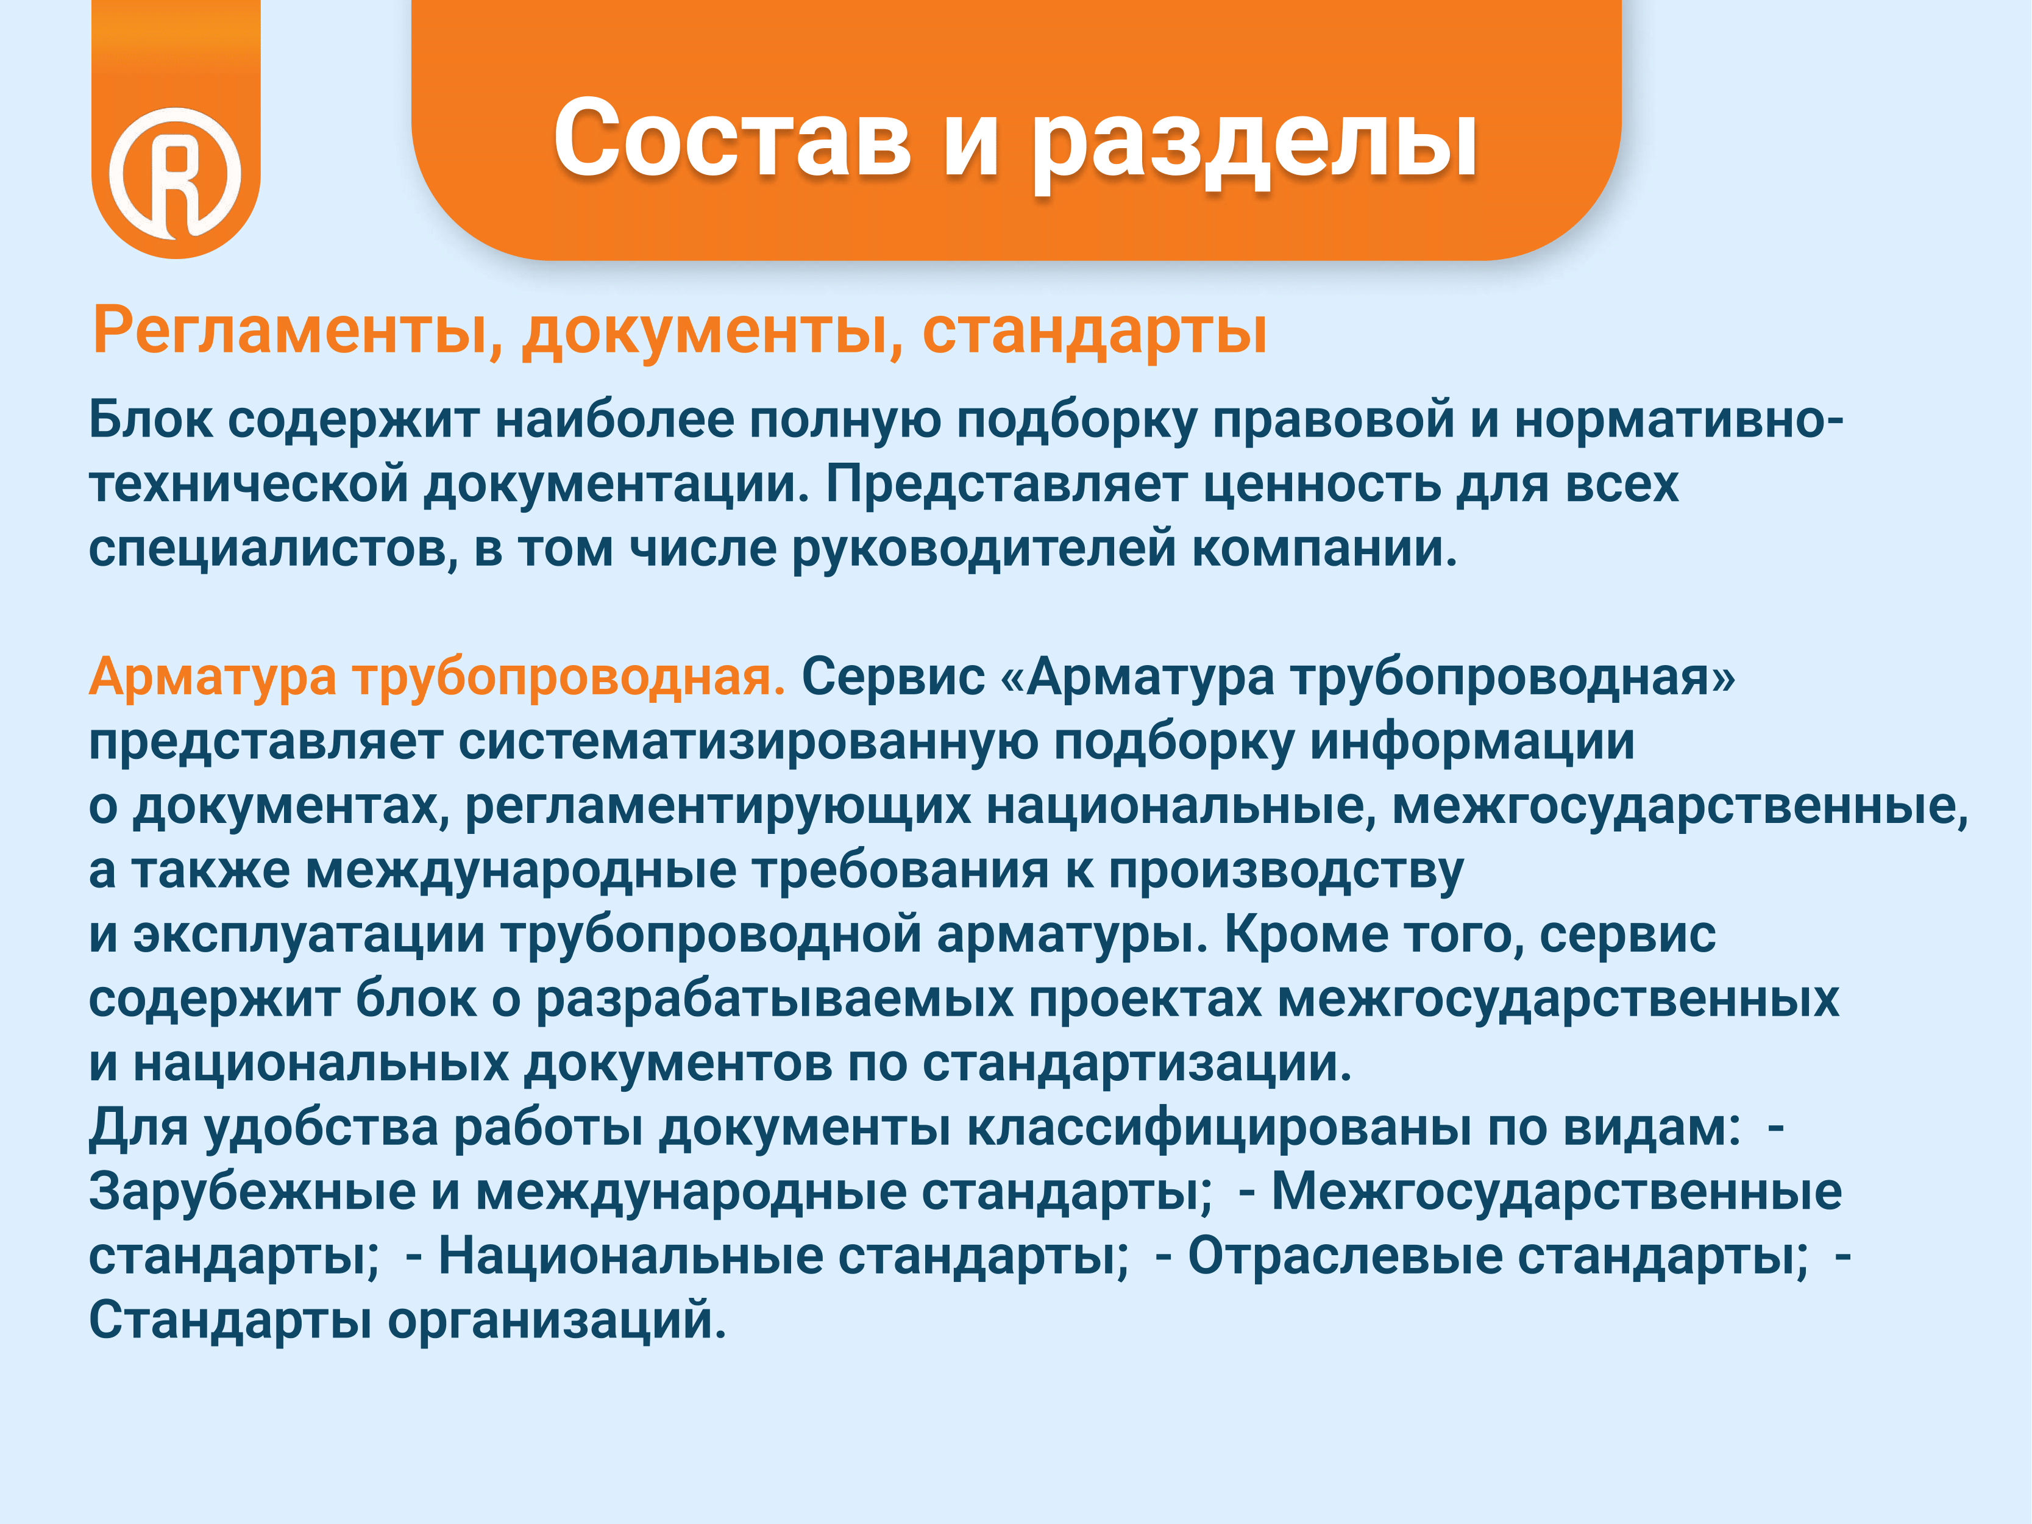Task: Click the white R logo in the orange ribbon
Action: (176, 173)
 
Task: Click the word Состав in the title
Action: (732, 138)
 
